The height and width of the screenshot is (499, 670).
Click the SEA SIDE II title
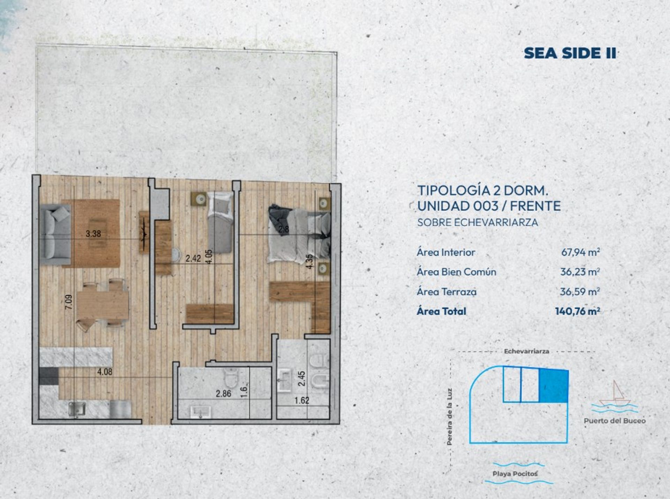pos(570,53)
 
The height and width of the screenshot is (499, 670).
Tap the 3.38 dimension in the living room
pos(93,233)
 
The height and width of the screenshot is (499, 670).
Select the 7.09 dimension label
pos(69,302)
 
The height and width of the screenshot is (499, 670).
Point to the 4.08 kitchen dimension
pos(105,372)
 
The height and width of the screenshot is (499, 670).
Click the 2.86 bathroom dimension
pos(223,394)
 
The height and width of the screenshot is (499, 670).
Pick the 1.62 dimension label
pos(302,400)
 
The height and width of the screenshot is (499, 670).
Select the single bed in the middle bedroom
pos(220,222)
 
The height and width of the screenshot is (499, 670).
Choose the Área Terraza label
pos(446,292)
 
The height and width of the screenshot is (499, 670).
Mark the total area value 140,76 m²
pos(578,311)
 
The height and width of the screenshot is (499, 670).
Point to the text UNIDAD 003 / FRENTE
pos(489,206)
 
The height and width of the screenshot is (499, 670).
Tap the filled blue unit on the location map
pos(554,385)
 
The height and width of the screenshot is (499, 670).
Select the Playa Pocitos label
pos(515,474)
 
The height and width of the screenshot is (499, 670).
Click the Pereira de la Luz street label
pos(449,417)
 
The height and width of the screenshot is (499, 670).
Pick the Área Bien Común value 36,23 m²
pos(580,271)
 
